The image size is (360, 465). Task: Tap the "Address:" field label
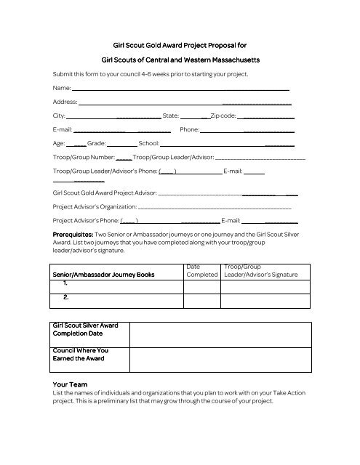pos(65,102)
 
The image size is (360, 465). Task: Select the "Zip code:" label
pos(223,116)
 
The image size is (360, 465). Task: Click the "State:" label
pos(171,116)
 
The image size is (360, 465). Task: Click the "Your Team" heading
pos(71,384)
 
